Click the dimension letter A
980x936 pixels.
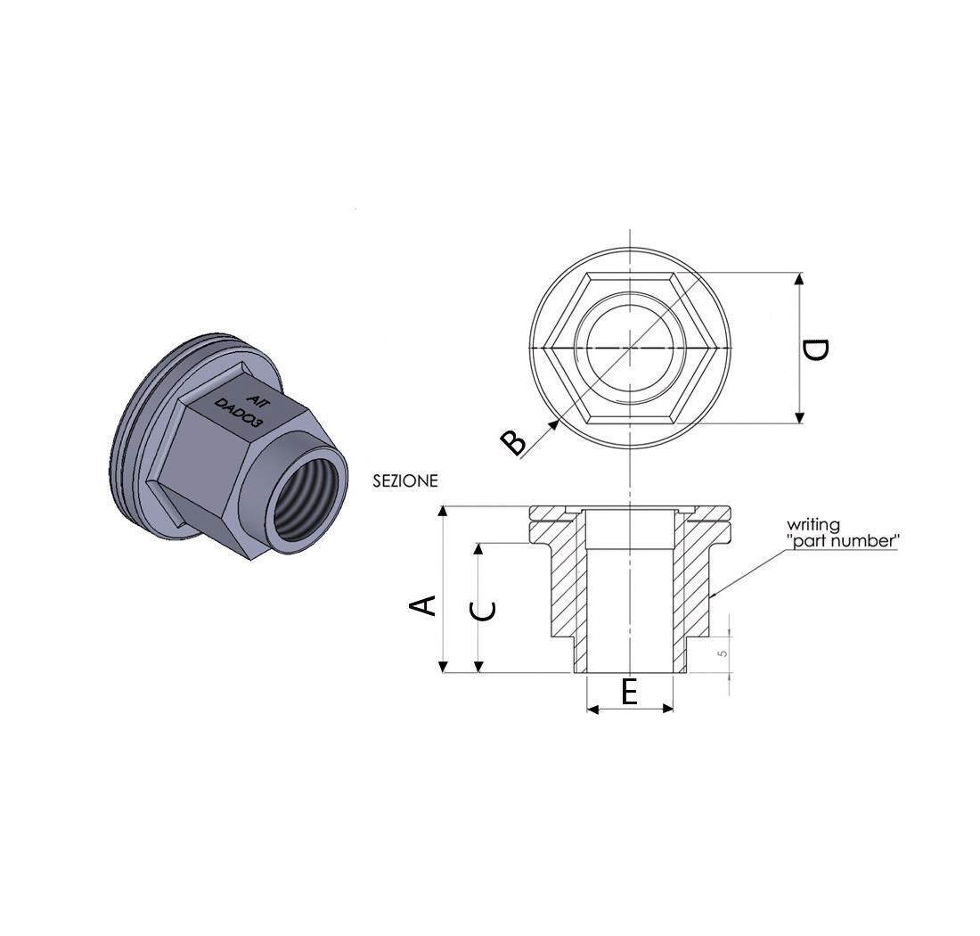[x=422, y=606]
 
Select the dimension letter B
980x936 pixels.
[x=514, y=443]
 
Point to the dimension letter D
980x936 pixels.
[x=815, y=350]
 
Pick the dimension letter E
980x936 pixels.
[x=629, y=692]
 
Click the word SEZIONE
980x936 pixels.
[x=405, y=481]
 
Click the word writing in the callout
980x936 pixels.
[x=813, y=524]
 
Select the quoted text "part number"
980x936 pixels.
[x=843, y=540]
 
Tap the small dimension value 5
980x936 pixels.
[x=723, y=653]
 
